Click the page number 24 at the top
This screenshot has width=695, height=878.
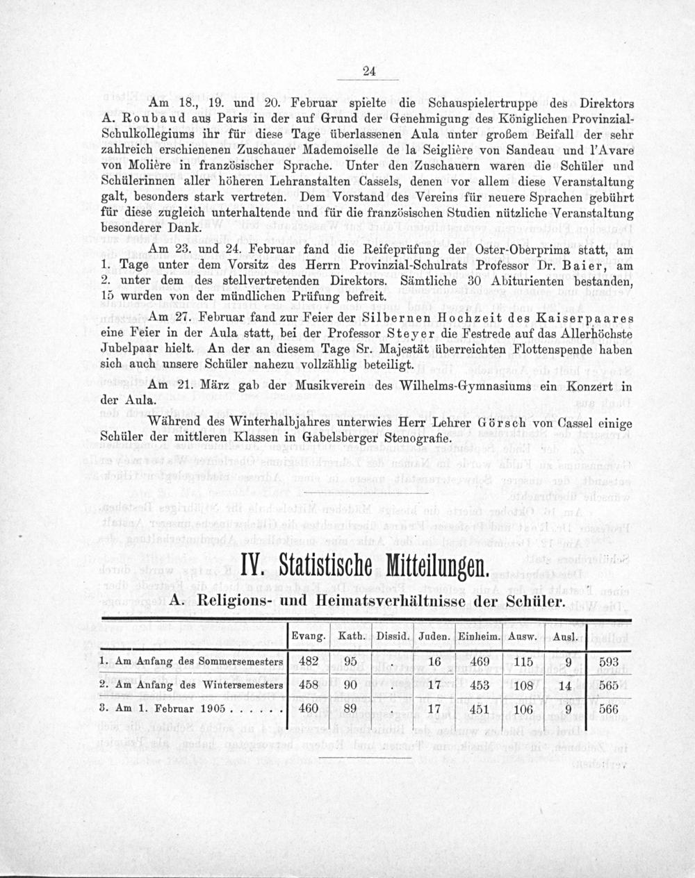click(369, 69)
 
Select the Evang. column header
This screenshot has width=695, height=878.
click(309, 636)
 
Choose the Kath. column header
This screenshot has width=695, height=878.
click(351, 636)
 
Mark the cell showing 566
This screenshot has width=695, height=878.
click(608, 710)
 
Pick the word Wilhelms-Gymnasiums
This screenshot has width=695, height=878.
click(447, 387)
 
